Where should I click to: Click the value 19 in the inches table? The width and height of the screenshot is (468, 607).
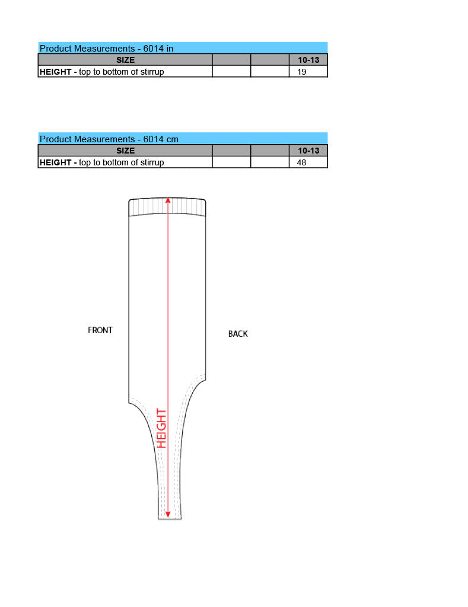tap(301, 72)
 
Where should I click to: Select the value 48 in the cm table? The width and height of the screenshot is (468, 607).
tap(301, 162)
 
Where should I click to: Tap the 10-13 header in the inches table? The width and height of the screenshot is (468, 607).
tap(308, 60)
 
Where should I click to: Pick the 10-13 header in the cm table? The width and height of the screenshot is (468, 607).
tap(308, 151)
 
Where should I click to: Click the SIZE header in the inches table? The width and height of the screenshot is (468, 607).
tap(126, 60)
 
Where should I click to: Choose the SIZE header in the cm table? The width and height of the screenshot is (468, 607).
tap(126, 151)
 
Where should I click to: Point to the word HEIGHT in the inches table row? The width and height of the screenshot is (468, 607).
tap(55, 72)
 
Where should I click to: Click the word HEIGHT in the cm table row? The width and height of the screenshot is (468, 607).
tap(55, 162)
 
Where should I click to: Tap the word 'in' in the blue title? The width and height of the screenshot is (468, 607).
tap(170, 49)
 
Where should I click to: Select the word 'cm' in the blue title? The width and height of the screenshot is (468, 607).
tap(173, 139)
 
